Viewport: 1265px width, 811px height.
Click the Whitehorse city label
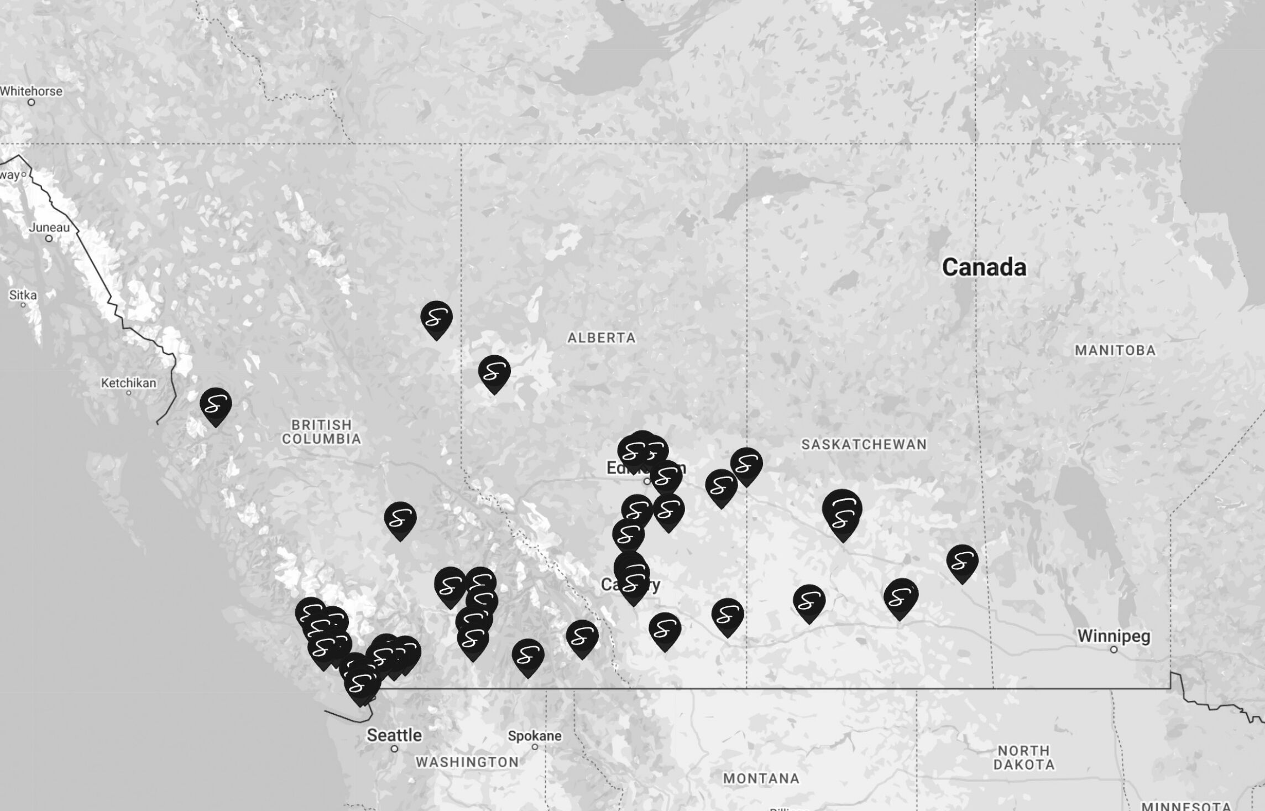(x=31, y=91)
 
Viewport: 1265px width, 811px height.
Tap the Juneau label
(x=49, y=227)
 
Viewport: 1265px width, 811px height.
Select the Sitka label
(x=23, y=295)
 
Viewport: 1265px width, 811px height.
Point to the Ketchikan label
(x=128, y=383)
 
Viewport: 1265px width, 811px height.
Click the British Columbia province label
(x=321, y=432)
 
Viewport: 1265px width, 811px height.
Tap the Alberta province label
(x=602, y=337)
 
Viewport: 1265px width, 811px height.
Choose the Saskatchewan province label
(x=864, y=444)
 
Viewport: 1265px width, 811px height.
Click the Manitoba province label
(x=1115, y=350)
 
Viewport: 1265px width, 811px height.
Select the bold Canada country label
(x=984, y=267)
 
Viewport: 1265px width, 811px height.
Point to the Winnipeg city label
(x=1114, y=636)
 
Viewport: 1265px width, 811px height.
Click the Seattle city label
(x=394, y=735)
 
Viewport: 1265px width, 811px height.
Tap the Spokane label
(x=535, y=736)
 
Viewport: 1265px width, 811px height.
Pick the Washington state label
(x=467, y=762)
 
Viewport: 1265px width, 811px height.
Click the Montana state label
(x=761, y=779)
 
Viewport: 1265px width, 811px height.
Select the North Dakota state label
(x=1024, y=758)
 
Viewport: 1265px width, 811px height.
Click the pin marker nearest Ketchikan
(x=216, y=405)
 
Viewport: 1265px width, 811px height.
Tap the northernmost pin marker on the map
(x=436, y=319)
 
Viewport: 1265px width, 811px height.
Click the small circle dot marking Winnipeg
(x=1114, y=649)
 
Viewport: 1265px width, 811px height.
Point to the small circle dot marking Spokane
(x=535, y=747)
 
